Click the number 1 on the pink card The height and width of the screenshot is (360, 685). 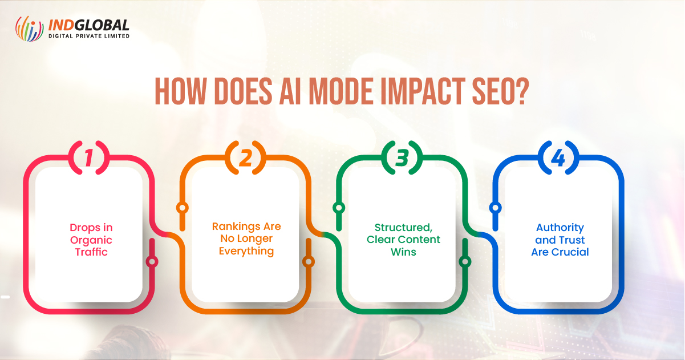(88, 158)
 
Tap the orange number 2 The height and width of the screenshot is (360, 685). (246, 158)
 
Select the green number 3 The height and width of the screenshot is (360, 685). (402, 158)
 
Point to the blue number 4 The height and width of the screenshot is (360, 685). (558, 158)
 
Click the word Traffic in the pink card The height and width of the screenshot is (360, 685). (91, 252)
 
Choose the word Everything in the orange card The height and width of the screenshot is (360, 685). (246, 252)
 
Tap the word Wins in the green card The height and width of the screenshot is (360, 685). (403, 252)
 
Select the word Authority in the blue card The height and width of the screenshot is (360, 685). (560, 228)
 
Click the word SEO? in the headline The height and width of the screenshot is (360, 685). (500, 91)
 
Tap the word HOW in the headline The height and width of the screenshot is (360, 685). (180, 91)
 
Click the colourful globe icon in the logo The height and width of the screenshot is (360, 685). (29, 29)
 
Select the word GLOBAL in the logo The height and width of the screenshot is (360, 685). (102, 25)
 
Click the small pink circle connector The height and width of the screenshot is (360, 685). (152, 262)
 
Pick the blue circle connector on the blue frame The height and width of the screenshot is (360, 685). (496, 208)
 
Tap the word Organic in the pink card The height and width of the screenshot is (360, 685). (91, 240)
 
